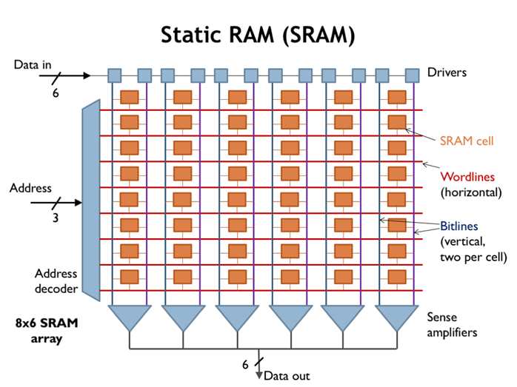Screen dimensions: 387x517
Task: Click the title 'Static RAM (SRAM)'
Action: tap(258, 34)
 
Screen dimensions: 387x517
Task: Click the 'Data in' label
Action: tap(32, 65)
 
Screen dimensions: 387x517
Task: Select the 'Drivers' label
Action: tap(447, 73)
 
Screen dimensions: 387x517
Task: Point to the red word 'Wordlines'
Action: tap(467, 177)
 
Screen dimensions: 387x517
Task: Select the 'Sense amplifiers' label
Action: tap(451, 323)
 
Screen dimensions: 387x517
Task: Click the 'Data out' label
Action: tap(287, 375)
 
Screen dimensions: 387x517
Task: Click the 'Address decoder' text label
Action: tap(56, 281)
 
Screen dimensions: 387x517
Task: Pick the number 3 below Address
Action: tap(55, 218)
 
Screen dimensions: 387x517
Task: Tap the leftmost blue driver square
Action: tap(114, 75)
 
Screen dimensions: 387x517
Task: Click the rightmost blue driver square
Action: tap(412, 75)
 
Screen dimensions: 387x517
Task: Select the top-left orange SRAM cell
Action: tap(130, 97)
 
